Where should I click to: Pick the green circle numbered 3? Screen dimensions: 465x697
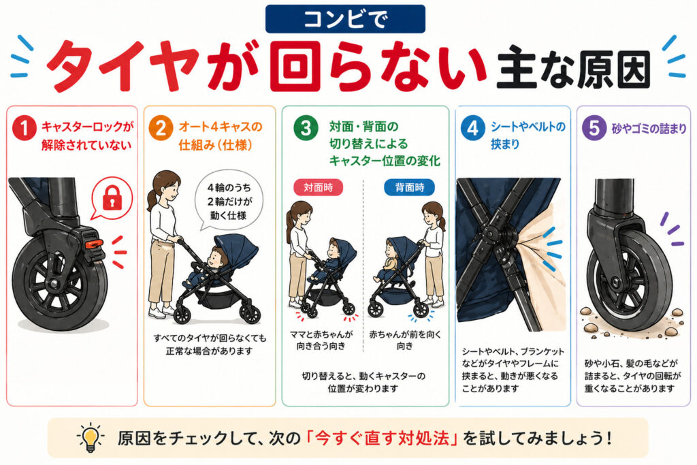pyautogui.click(x=306, y=129)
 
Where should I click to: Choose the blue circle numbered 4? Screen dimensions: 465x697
pyautogui.click(x=472, y=129)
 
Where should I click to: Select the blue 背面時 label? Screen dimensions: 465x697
pyautogui.click(x=408, y=186)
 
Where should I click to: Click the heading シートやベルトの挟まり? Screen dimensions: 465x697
pyautogui.click(x=528, y=135)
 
